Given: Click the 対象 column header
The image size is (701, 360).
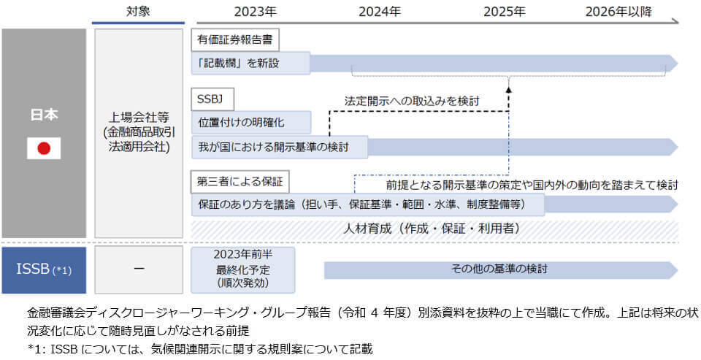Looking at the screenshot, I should [137, 11].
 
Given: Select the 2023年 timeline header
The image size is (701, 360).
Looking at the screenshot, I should [255, 11].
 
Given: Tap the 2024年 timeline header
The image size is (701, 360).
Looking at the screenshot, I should [380, 11].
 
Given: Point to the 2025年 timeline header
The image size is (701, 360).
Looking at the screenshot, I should [505, 11].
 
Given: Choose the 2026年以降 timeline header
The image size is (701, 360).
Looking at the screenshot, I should [619, 11].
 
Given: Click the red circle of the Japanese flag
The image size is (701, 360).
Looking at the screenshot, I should [44, 148].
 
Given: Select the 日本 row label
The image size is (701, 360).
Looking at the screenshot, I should [44, 115].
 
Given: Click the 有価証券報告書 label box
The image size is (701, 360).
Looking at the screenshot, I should [236, 39].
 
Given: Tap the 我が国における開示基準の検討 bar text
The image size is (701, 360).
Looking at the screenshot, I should [273, 147].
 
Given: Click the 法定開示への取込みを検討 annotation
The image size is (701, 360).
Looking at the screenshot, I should [412, 99].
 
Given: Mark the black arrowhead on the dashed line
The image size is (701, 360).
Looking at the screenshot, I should [508, 89].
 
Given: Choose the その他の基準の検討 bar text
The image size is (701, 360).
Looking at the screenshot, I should [499, 269].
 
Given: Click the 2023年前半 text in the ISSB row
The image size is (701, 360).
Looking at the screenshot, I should [242, 255].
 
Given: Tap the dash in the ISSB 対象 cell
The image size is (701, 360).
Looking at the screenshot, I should [138, 269].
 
